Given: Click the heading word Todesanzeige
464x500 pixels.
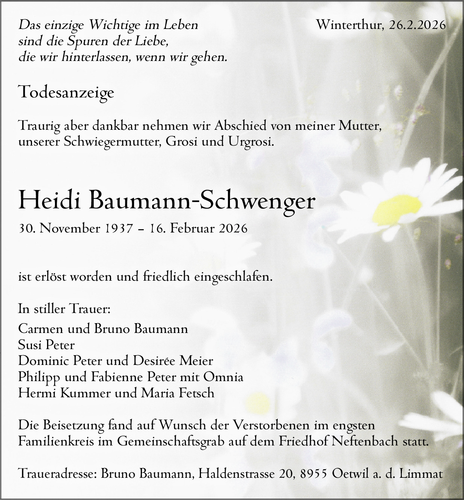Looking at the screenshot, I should (66, 92).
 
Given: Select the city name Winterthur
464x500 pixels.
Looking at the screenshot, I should (350, 25).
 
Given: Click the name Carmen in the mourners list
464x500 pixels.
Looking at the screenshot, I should (40, 329).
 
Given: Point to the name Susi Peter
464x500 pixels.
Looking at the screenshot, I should (46, 345).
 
